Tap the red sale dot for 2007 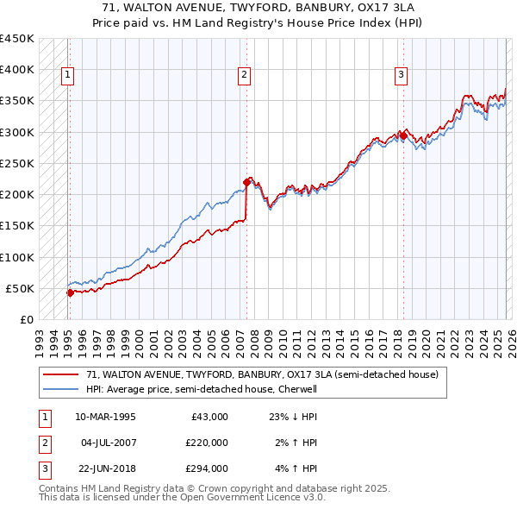(246, 182)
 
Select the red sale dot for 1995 (70, 292)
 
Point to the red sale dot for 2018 (403, 135)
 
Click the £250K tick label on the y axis (17, 163)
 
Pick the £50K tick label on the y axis (21, 288)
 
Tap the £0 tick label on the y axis (26, 319)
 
